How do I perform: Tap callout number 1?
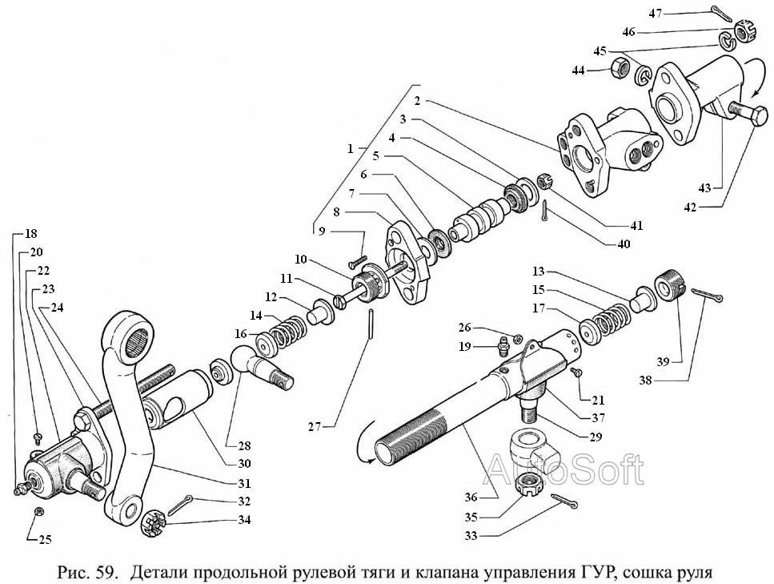350,149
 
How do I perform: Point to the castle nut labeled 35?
528,484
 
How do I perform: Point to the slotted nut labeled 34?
152,526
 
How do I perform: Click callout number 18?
31,234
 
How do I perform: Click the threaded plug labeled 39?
668,287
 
